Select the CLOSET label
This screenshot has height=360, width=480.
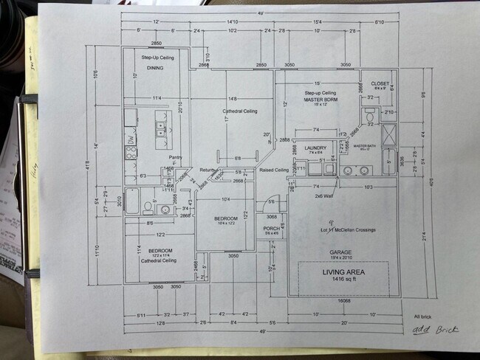pyautogui.click(x=380, y=84)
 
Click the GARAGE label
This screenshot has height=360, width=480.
pyautogui.click(x=340, y=252)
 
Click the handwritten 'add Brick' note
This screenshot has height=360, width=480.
pyautogui.click(x=435, y=329)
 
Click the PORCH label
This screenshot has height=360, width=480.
pyautogui.click(x=271, y=229)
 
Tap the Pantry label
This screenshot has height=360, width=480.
pyautogui.click(x=175, y=157)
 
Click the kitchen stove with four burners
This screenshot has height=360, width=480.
pyautogui.click(x=131, y=153)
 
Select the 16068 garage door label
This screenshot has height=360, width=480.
pyautogui.click(x=342, y=301)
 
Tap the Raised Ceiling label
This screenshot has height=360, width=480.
pyautogui.click(x=273, y=170)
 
